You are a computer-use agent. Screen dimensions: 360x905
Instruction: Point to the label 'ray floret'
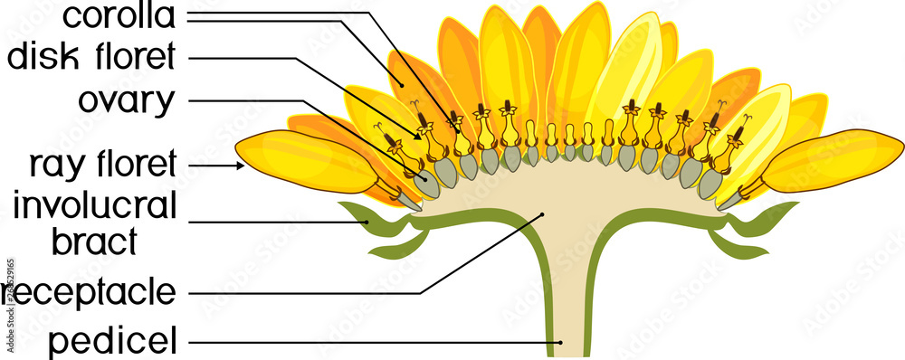(x=100, y=166)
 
